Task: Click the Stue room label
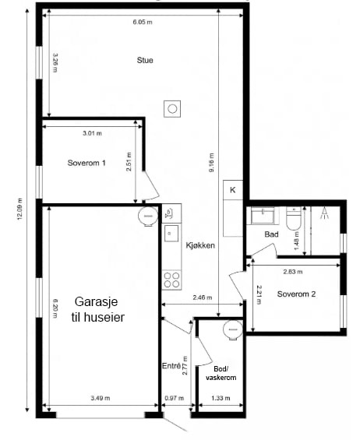[x=145, y=60]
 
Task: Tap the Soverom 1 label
[x=86, y=163]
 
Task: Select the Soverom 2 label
[x=296, y=294]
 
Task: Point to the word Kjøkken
[x=200, y=245]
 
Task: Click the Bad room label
[x=271, y=234]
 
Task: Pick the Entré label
[x=171, y=366]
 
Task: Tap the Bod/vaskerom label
[x=221, y=373]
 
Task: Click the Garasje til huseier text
[x=97, y=309]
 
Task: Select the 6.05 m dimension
[x=143, y=22]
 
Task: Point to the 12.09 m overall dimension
[x=19, y=209]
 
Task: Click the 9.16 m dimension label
[x=211, y=163]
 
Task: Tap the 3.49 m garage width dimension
[x=101, y=398]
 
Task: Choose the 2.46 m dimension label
[x=203, y=297]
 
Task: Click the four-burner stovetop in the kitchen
[x=172, y=280]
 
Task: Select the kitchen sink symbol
[x=171, y=233]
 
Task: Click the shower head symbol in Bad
[x=325, y=213]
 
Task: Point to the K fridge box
[x=233, y=190]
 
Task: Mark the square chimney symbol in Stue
[x=172, y=108]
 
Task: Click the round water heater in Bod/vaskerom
[x=232, y=329]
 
